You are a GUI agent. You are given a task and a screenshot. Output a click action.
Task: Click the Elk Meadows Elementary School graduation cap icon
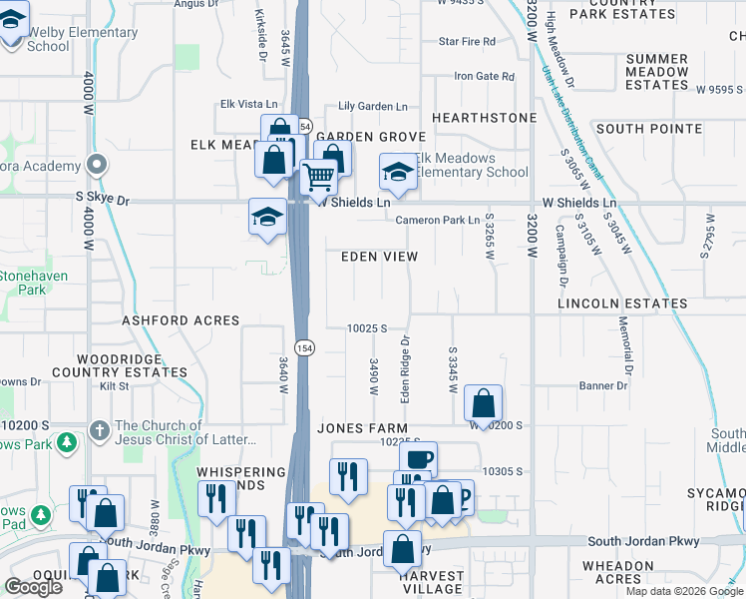397,172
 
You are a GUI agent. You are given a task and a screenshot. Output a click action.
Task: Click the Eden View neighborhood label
379,257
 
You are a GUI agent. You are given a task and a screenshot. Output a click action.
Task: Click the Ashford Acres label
181,320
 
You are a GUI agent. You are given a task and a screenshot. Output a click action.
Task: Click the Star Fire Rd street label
467,42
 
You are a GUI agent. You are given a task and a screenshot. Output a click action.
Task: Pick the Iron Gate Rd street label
484,76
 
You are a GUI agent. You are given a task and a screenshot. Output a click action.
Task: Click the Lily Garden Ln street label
373,106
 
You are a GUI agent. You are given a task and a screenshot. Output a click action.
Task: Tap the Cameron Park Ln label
438,220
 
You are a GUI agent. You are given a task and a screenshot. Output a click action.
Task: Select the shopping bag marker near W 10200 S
483,403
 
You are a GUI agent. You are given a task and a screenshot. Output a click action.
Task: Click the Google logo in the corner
32,587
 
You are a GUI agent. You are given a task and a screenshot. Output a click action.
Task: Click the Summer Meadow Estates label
657,72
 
